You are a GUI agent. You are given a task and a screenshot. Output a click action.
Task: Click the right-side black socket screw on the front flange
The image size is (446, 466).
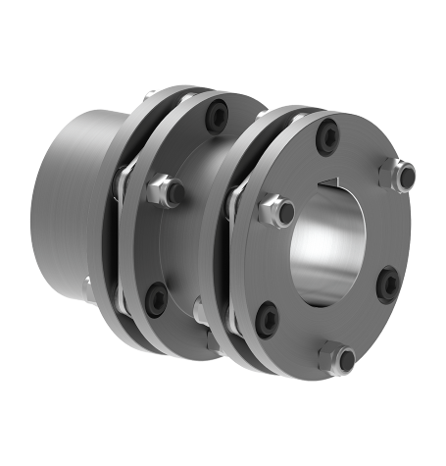coord(389,284)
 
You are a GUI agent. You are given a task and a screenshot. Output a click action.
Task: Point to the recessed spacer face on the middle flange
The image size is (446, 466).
coord(196,235)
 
